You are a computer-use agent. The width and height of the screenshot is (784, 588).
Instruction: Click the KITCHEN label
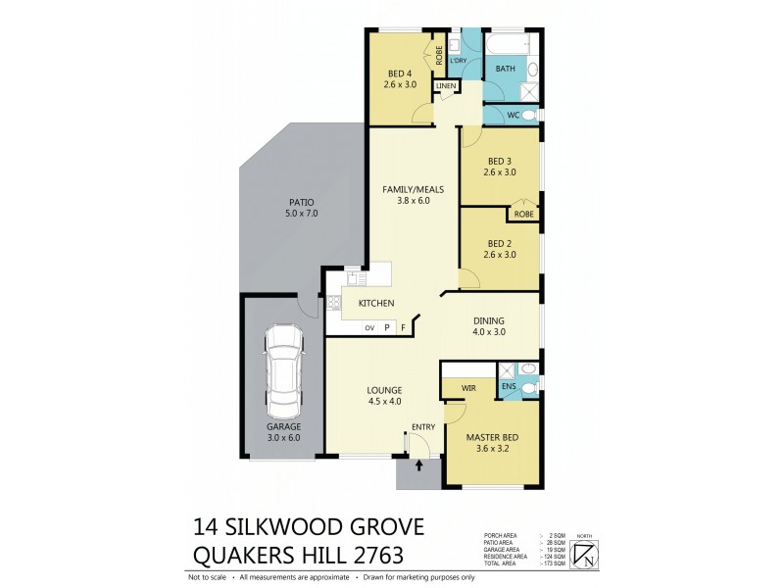pos(375,304)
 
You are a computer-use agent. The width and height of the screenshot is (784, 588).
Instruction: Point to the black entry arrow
pos(420,465)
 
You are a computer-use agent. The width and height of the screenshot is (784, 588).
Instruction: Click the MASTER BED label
pos(493,437)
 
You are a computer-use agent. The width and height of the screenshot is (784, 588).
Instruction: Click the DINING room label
pos(488,320)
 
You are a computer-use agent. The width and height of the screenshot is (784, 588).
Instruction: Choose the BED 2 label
pos(500,243)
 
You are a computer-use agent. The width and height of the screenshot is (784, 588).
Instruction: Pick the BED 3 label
pos(500,161)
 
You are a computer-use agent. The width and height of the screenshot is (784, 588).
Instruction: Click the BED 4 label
pos(401,73)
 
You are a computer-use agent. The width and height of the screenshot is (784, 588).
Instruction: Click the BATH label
pos(506,69)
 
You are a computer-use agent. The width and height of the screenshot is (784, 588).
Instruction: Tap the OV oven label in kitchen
pos(369,328)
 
